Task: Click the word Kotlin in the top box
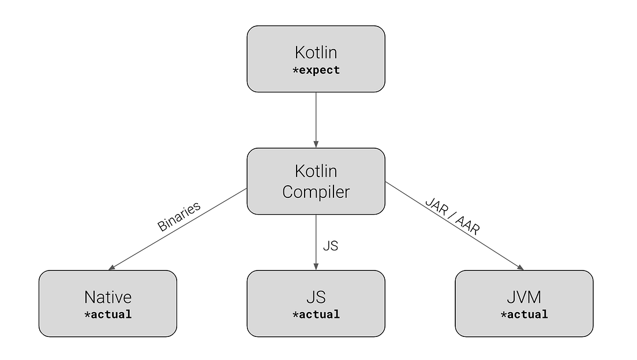(x=316, y=52)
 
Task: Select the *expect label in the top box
(x=316, y=70)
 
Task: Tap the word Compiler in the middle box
(x=316, y=192)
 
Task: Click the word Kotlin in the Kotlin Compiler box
(x=316, y=171)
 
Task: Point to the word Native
(x=108, y=297)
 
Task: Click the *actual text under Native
(x=108, y=314)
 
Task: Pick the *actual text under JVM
(x=524, y=314)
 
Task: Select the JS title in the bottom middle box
(x=316, y=297)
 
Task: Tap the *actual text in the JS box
(x=316, y=314)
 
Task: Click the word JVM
(x=524, y=297)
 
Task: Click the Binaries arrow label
(x=179, y=216)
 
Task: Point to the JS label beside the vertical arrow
(x=330, y=246)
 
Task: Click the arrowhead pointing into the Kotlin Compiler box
(x=316, y=144)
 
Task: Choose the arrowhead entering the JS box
(x=316, y=267)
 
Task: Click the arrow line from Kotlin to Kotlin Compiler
(x=316, y=118)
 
